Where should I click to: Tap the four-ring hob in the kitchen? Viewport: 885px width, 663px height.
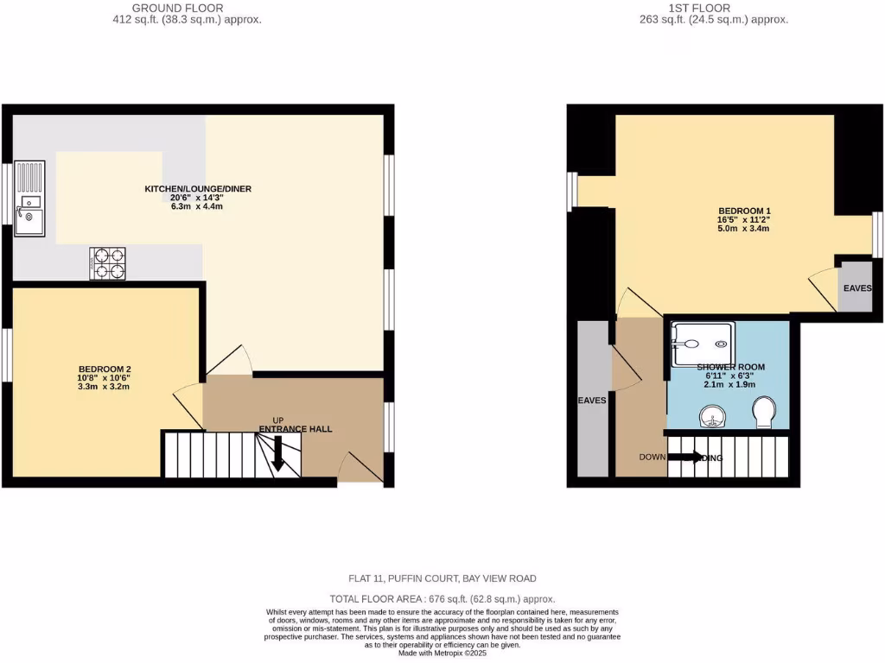[107, 263]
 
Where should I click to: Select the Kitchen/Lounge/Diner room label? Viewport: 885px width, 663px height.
[198, 188]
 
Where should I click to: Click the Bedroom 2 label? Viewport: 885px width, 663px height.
[104, 369]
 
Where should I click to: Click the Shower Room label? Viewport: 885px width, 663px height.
[730, 367]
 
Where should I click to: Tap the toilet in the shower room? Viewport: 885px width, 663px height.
[764, 413]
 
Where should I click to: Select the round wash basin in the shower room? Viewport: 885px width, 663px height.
[709, 419]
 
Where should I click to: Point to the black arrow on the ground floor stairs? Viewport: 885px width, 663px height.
[277, 454]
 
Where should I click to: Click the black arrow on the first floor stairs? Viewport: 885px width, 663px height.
[689, 458]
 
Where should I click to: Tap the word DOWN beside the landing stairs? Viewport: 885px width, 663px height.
[653, 458]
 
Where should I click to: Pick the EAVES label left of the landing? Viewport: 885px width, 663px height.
[592, 401]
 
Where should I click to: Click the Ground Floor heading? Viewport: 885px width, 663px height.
[176, 9]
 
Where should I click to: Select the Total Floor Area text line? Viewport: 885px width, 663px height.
[442, 599]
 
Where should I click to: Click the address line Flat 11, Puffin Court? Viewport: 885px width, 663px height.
[442, 578]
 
